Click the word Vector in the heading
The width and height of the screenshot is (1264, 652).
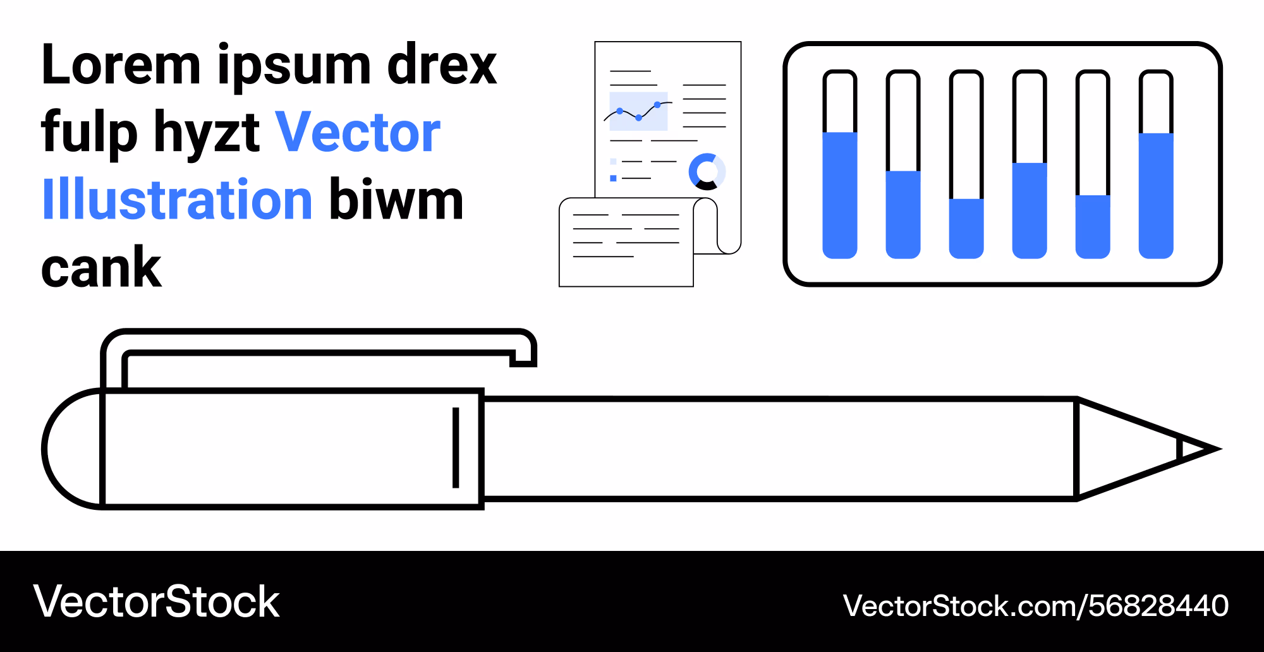click(x=358, y=132)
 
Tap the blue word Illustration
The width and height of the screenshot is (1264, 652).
click(x=178, y=200)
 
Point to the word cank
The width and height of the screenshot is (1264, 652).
click(x=101, y=267)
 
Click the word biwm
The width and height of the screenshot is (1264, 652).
click(x=397, y=200)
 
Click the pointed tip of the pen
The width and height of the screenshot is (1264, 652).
click(x=1220, y=449)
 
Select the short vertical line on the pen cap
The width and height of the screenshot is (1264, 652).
click(x=456, y=448)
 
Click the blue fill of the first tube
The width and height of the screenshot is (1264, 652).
click(x=840, y=195)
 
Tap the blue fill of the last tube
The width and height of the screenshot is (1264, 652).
click(x=1156, y=196)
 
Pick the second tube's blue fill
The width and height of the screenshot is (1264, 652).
click(x=903, y=215)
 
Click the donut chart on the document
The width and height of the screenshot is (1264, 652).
click(x=707, y=171)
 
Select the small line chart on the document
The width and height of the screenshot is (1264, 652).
click(x=638, y=111)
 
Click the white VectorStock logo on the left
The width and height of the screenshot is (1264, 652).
click(x=156, y=601)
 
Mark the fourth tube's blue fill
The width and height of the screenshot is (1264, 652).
click(x=1030, y=211)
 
